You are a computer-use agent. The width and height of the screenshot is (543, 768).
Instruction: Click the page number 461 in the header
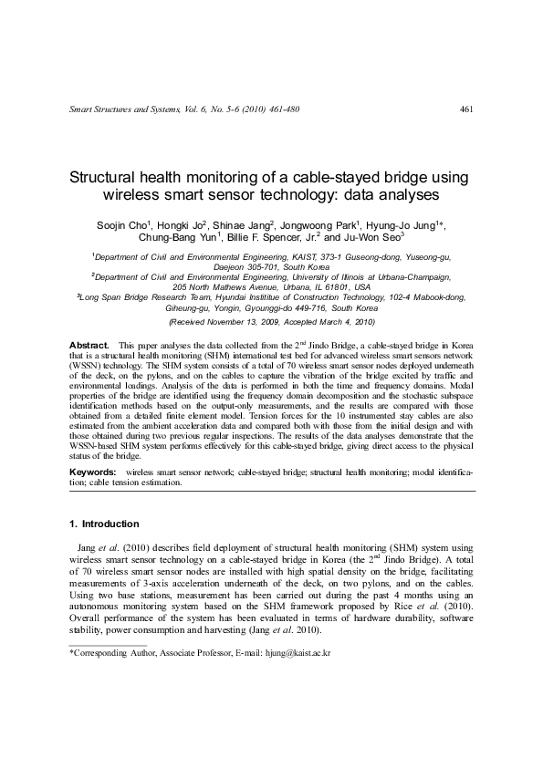(465, 110)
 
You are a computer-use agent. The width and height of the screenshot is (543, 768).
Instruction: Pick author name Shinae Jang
(242, 224)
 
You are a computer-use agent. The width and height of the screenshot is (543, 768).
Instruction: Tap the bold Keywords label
(93, 472)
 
